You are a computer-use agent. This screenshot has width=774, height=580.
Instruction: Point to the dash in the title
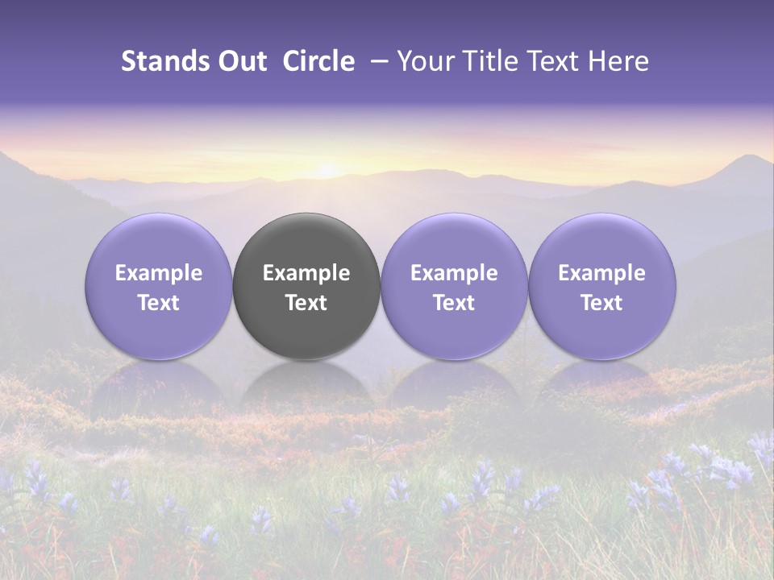click(x=379, y=61)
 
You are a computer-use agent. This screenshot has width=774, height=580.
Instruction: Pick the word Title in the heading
click(x=497, y=61)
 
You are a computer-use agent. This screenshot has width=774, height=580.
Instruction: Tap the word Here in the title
click(x=621, y=61)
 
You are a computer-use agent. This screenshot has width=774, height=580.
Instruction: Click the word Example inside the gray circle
click(x=306, y=273)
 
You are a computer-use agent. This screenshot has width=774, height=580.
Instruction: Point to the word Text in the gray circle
click(x=306, y=303)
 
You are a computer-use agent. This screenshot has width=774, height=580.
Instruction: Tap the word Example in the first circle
click(x=159, y=273)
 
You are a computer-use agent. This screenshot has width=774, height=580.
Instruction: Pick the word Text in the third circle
click(x=454, y=303)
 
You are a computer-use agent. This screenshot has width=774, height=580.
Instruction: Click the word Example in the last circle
click(x=602, y=273)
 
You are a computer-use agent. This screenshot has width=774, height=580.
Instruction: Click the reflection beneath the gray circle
click(x=306, y=383)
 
